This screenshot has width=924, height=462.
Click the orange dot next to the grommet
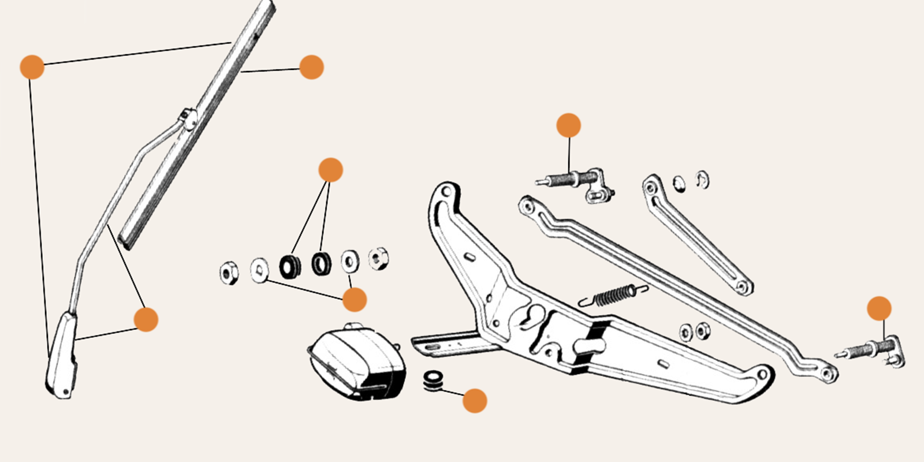475,400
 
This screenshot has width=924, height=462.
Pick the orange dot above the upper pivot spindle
568,125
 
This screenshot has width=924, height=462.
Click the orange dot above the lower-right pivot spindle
879,308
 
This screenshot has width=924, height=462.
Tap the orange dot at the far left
32,67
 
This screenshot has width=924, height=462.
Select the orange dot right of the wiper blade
311,67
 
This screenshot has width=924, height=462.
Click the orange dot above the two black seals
330,170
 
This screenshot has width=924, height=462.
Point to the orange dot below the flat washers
354,300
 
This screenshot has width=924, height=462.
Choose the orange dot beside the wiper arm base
146,319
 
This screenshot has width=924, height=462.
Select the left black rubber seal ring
289,266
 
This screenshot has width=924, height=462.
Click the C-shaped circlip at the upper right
702,180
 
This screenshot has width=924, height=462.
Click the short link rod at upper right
696,233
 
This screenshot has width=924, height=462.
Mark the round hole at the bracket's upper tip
446,191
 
